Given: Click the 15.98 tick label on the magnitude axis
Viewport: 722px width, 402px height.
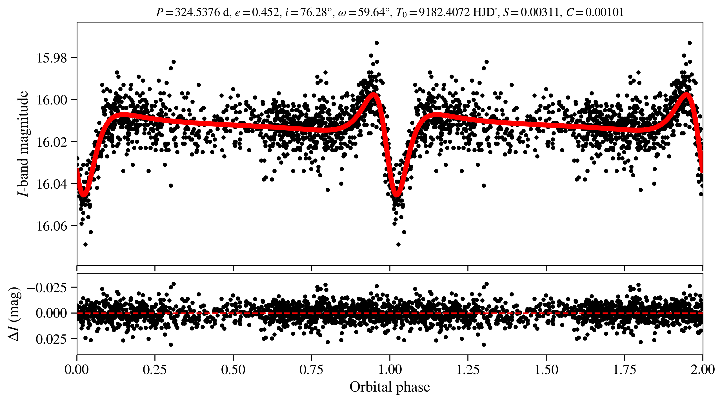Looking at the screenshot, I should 52,58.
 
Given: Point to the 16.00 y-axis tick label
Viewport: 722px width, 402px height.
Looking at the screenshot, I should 52,100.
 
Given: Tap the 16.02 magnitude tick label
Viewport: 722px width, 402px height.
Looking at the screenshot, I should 52,142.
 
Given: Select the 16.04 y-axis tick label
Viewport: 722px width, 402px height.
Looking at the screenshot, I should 52,184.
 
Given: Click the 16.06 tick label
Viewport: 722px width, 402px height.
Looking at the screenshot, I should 52,226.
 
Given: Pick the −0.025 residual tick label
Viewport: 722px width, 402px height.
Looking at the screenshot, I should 47,288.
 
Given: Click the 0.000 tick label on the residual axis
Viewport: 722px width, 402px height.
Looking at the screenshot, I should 51,313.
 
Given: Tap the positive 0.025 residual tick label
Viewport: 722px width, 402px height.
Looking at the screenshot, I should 51,339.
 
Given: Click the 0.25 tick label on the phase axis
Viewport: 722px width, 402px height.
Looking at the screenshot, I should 155,369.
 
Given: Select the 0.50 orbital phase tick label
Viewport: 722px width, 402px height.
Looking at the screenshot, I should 233,369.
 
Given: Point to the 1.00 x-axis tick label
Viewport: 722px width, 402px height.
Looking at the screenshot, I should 390,369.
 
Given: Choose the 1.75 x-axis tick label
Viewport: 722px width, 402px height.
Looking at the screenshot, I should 624,369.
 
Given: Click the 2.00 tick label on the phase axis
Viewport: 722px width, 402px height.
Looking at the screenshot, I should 703,369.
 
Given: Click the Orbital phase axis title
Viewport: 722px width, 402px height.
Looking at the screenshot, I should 390,387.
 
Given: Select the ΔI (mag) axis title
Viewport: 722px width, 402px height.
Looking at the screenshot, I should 14,314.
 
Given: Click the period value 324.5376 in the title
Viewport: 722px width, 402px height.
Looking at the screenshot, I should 197,12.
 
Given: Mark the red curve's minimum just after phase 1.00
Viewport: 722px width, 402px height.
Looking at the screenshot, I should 397,194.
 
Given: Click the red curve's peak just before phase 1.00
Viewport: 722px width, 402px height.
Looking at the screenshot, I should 374,95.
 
